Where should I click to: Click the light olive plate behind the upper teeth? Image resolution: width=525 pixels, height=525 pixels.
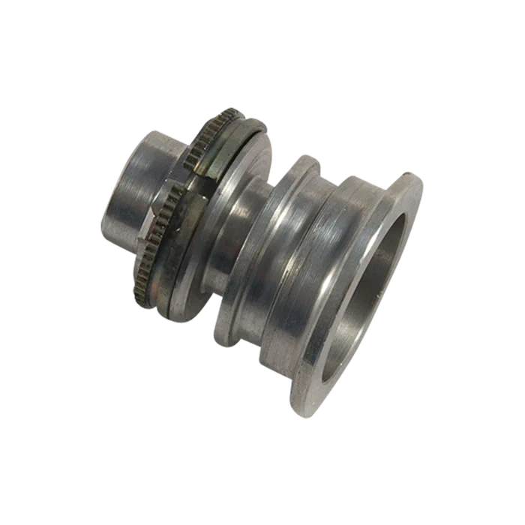225,150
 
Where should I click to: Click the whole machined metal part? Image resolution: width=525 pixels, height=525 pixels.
270,255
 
